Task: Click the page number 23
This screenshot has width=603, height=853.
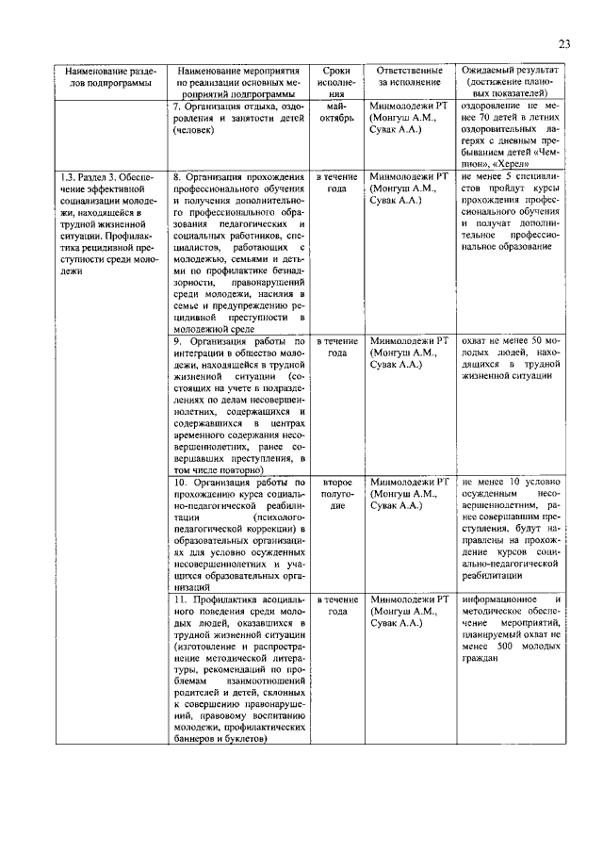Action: tap(563, 43)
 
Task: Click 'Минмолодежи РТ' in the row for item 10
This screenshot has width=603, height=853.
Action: tap(408, 481)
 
